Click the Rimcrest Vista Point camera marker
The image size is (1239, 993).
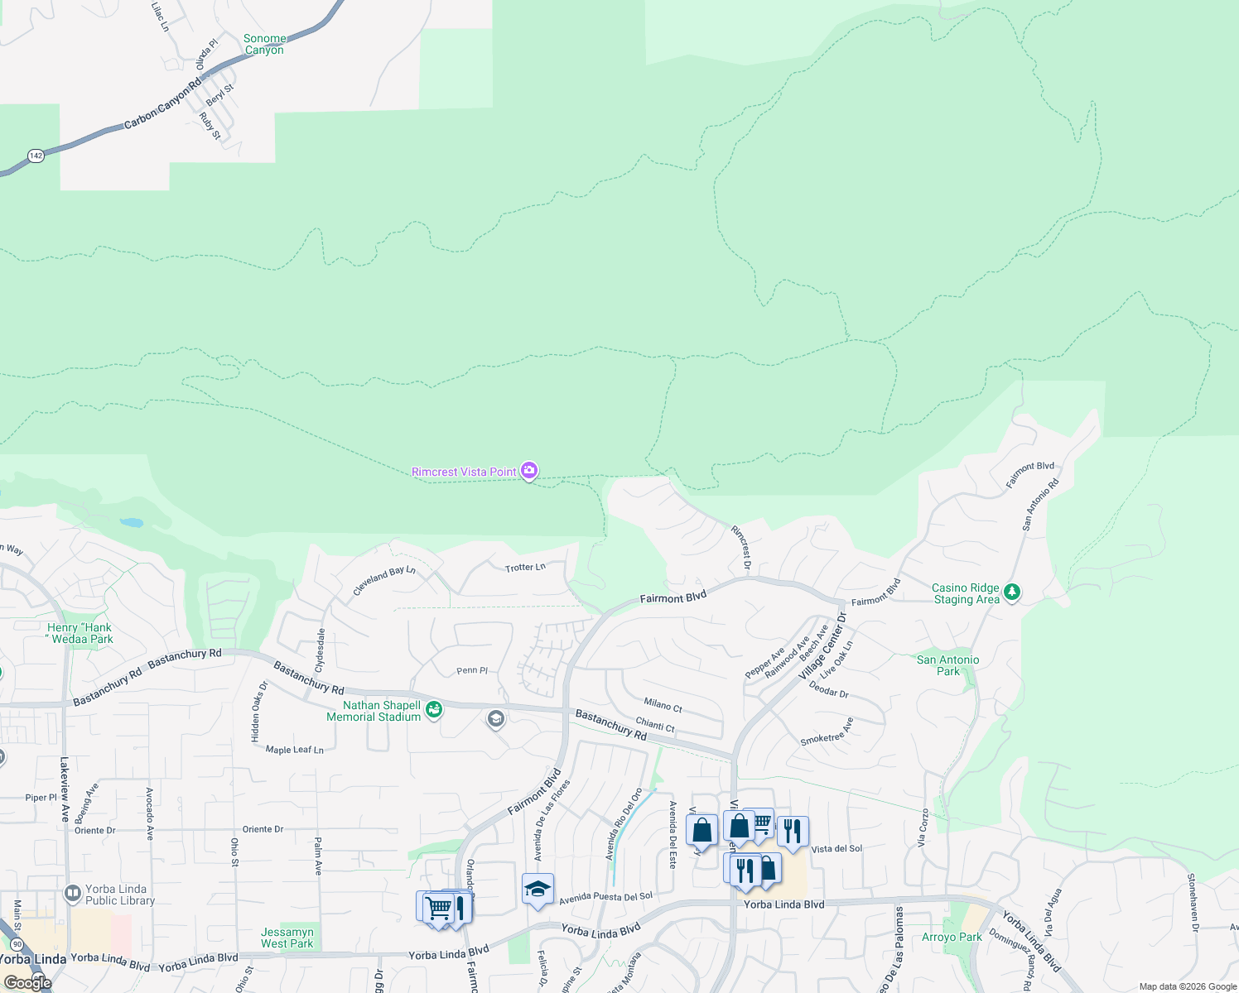click(x=529, y=471)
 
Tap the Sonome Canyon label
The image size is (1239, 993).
click(x=264, y=45)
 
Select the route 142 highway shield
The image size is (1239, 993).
click(x=36, y=156)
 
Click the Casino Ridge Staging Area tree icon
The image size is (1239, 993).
click(x=1011, y=592)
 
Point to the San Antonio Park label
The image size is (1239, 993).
click(x=947, y=665)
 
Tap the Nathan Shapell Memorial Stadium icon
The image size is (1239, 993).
click(x=433, y=709)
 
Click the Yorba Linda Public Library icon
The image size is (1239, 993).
click(x=73, y=895)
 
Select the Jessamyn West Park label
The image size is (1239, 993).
click(x=287, y=938)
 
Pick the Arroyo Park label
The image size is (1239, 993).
click(x=952, y=938)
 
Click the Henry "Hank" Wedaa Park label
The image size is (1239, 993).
click(x=80, y=633)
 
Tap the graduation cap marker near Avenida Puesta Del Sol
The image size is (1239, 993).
click(x=538, y=890)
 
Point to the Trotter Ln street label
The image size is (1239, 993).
click(x=525, y=568)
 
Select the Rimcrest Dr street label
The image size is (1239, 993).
click(x=740, y=547)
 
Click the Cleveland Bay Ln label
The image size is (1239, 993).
click(x=384, y=581)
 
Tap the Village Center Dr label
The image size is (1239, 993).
click(x=822, y=648)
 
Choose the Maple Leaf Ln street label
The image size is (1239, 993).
click(x=294, y=750)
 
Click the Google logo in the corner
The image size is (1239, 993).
click(x=27, y=983)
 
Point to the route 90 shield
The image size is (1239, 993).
click(x=17, y=944)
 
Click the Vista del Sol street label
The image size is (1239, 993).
click(x=836, y=849)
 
